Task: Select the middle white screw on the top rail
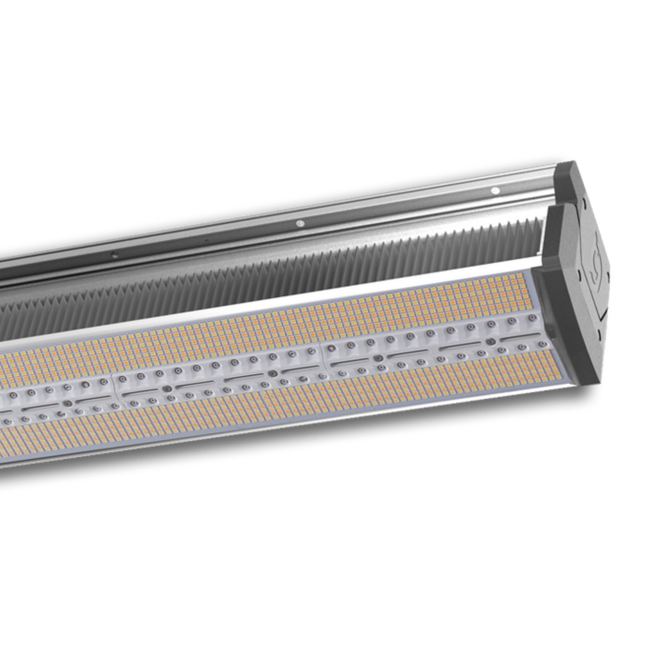point(300,223)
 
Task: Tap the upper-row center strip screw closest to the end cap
point(532,319)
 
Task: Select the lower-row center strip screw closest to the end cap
point(541,344)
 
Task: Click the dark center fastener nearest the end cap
point(489,341)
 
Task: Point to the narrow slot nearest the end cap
point(455,346)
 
